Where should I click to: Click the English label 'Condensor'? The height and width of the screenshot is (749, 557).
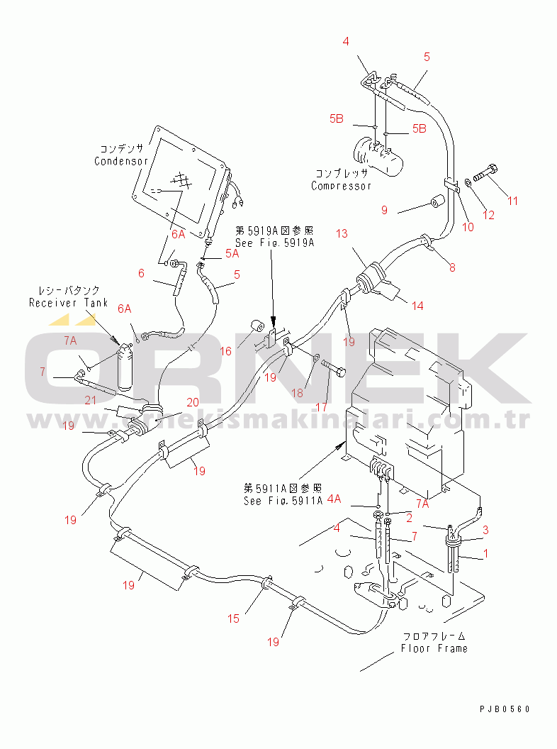pyautogui.click(x=121, y=161)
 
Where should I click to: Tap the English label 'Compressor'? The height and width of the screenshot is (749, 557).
pyautogui.click(x=342, y=186)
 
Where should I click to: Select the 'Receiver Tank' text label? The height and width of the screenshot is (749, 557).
pyautogui.click(x=68, y=303)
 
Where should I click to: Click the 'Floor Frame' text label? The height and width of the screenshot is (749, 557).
pyautogui.click(x=434, y=648)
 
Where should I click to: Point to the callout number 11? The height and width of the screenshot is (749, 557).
pyautogui.click(x=512, y=201)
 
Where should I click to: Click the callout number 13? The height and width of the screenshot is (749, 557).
pyautogui.click(x=342, y=233)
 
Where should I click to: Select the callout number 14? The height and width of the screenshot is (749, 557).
pyautogui.click(x=417, y=306)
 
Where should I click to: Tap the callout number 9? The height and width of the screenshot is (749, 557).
pyautogui.click(x=384, y=210)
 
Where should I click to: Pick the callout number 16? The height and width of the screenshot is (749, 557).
pyautogui.click(x=226, y=352)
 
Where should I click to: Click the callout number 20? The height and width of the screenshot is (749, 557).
pyautogui.click(x=193, y=403)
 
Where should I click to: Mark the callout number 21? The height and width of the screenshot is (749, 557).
pyautogui.click(x=91, y=400)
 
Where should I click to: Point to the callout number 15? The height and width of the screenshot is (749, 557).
pyautogui.click(x=233, y=618)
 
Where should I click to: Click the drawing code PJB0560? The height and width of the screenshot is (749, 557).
pyautogui.click(x=505, y=709)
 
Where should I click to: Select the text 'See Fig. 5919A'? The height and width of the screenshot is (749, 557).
pyautogui.click(x=274, y=243)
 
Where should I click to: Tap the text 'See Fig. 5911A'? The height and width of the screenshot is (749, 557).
pyautogui.click(x=283, y=501)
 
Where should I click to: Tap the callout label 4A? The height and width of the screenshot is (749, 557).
pyautogui.click(x=334, y=499)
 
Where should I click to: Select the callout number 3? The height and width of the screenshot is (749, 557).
pyautogui.click(x=485, y=530)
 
